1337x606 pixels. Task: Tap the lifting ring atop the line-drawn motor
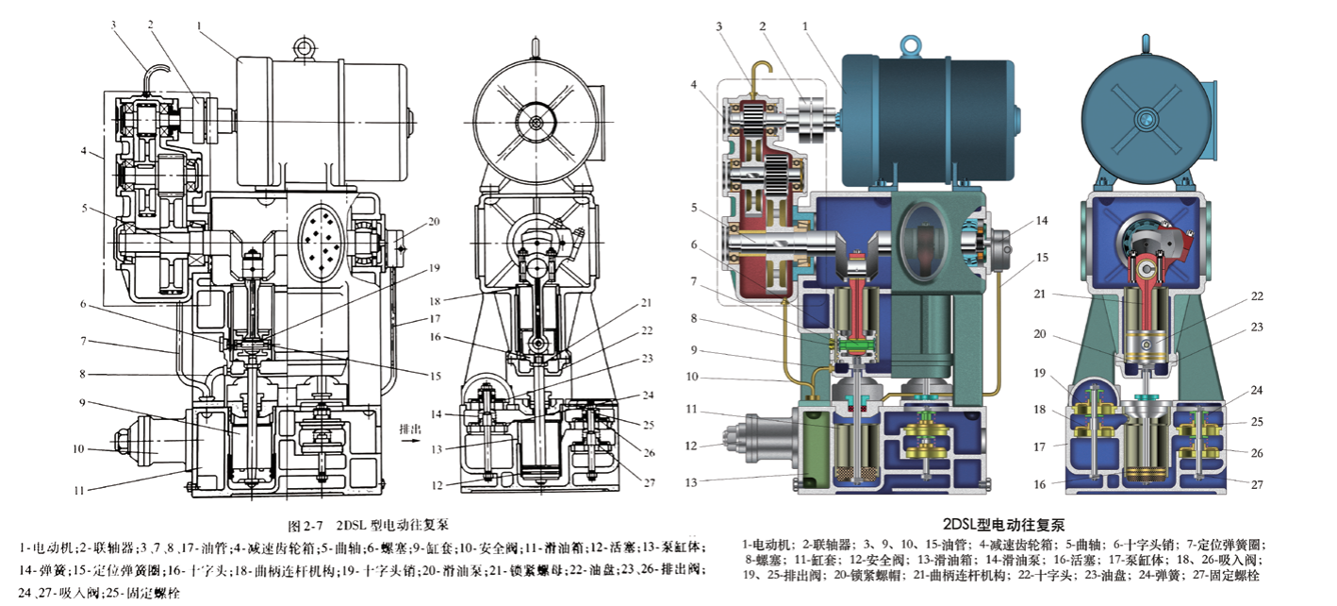tap(303, 45)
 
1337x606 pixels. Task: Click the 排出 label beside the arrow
tap(409, 429)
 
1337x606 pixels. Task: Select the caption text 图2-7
tap(306, 526)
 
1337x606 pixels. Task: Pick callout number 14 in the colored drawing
tap(1042, 221)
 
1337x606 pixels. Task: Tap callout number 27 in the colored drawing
tap(1257, 485)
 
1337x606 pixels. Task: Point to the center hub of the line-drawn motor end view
tap(536, 123)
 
